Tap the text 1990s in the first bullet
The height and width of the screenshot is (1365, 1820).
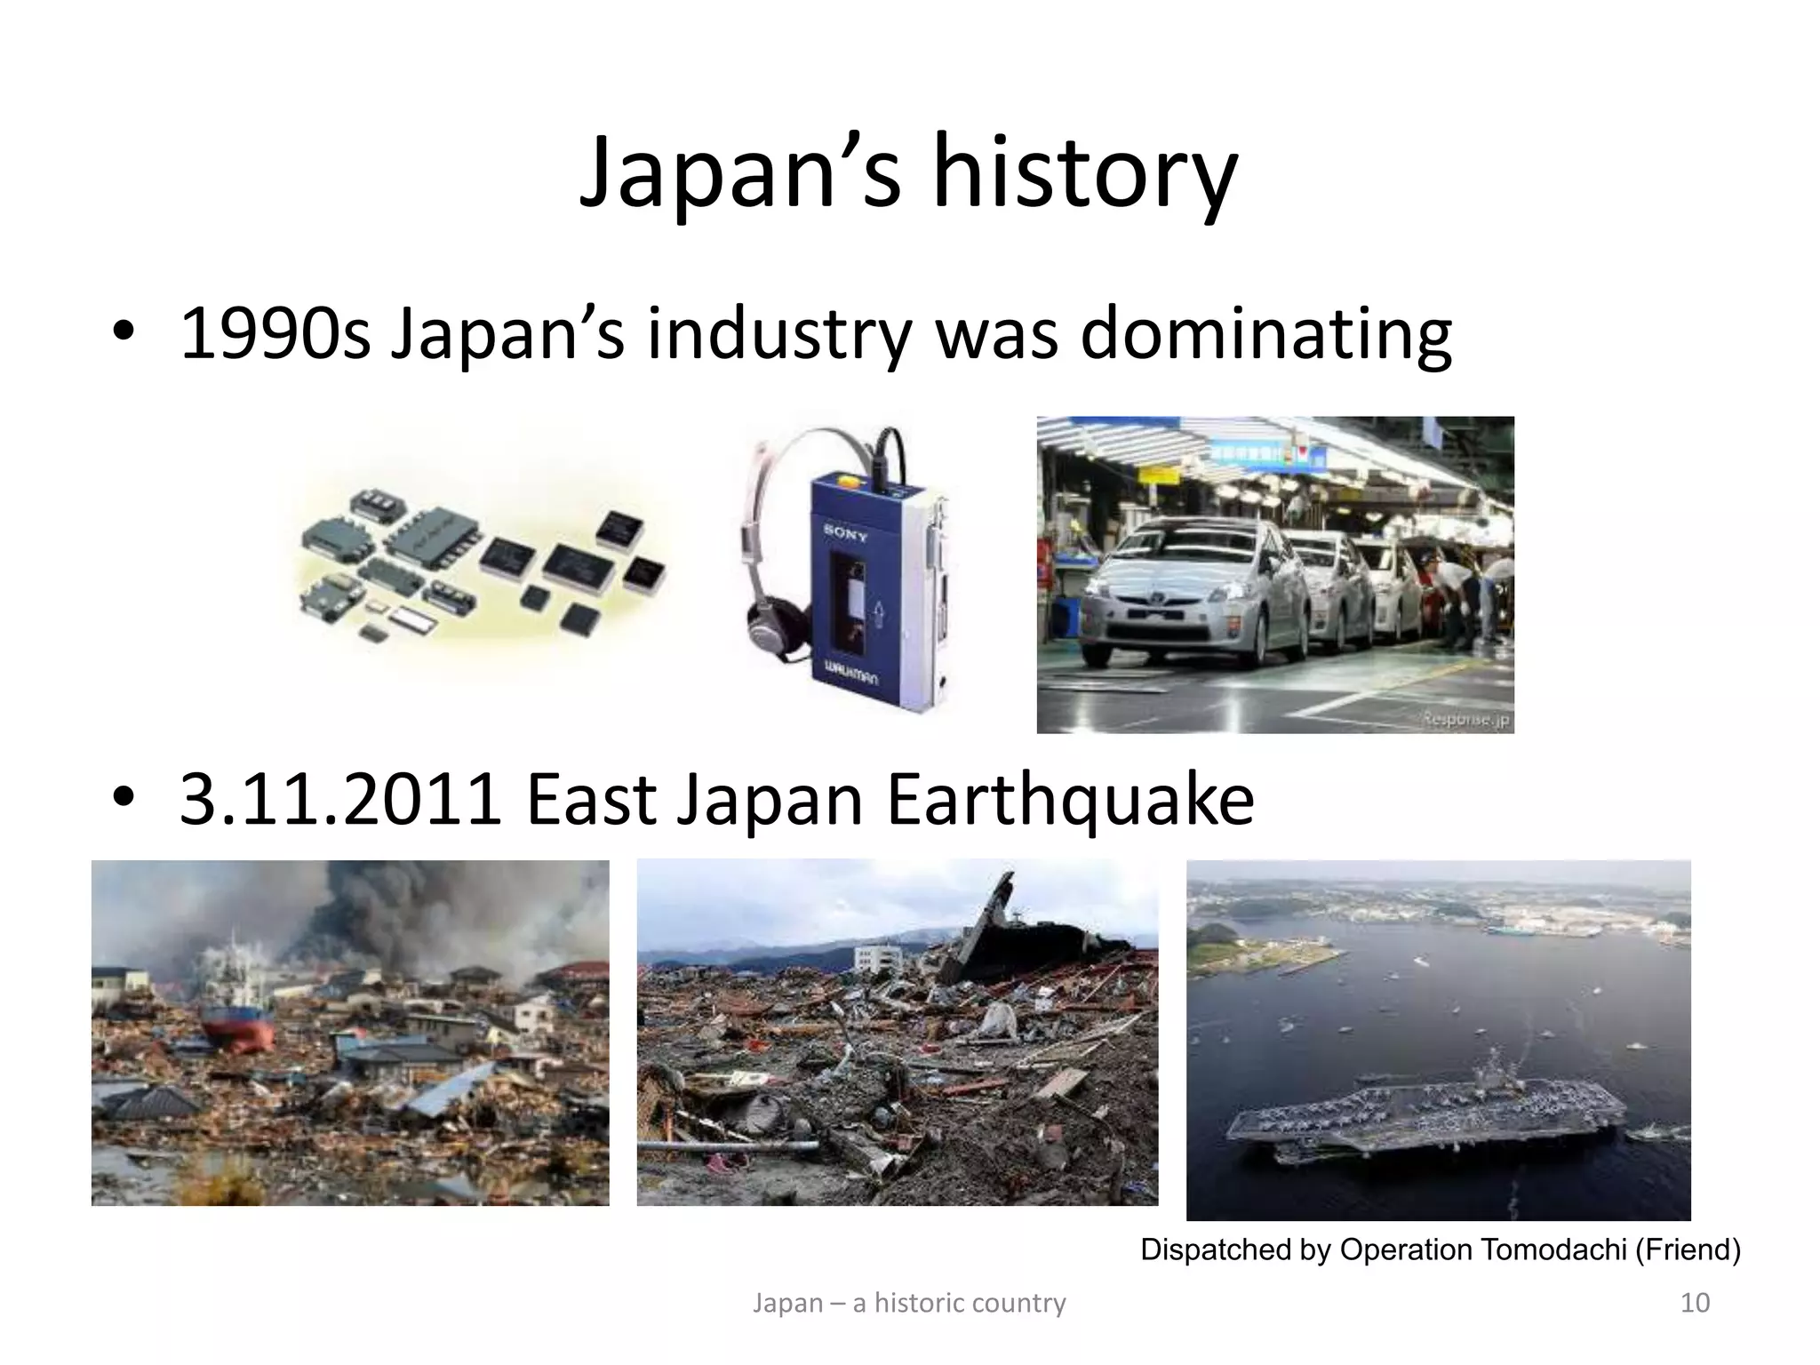click(x=275, y=335)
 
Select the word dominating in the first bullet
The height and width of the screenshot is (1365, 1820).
click(x=1265, y=335)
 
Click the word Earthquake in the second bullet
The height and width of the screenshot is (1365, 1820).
click(x=1070, y=800)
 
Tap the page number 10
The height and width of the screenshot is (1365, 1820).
click(x=1695, y=1303)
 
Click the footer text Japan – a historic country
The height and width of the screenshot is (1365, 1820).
click(x=909, y=1303)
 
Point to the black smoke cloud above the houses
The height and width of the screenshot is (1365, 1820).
click(x=373, y=906)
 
